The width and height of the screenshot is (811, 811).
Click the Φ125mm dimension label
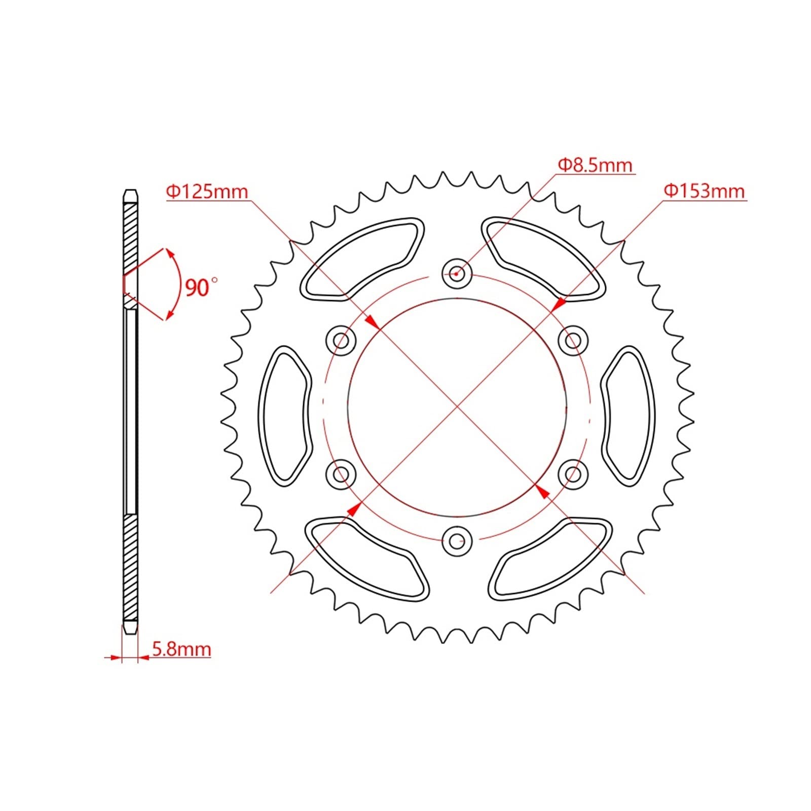pyautogui.click(x=207, y=192)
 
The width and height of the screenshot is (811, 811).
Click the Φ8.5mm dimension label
pyautogui.click(x=595, y=165)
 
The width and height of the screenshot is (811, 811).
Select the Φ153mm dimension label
pyautogui.click(x=704, y=191)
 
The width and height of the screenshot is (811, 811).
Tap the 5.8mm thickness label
pyautogui.click(x=181, y=649)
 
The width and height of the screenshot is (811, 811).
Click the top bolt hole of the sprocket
pyautogui.click(x=457, y=274)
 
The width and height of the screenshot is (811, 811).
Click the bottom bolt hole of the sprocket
pyautogui.click(x=457, y=541)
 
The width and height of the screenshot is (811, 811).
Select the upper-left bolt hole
pyautogui.click(x=341, y=341)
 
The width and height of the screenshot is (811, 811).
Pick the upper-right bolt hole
pyautogui.click(x=573, y=341)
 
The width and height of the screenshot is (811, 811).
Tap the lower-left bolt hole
pyautogui.click(x=341, y=474)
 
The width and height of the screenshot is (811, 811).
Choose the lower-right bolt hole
pyautogui.click(x=573, y=474)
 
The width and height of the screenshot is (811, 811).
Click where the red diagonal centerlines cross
pyautogui.click(x=457, y=407)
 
